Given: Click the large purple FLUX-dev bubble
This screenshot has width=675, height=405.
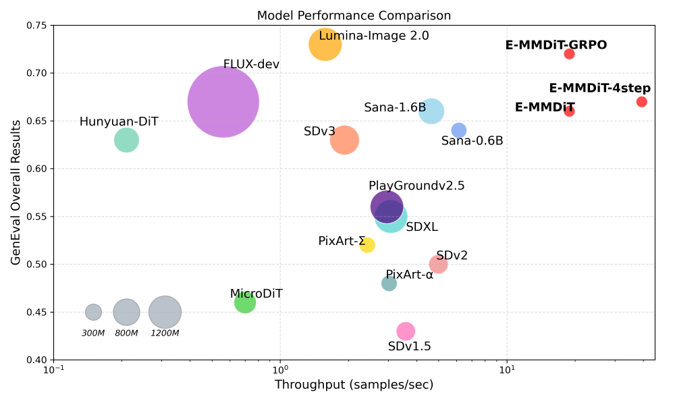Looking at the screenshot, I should [223, 102].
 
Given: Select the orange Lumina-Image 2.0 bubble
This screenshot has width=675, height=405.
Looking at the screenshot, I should [325, 45].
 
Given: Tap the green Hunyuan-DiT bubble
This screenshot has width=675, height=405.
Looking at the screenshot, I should [126, 140].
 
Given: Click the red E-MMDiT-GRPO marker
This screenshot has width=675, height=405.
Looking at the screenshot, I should [569, 54].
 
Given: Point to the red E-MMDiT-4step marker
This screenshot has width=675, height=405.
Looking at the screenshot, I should [641, 102].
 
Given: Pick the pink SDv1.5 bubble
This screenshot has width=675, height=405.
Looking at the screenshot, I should [405, 331].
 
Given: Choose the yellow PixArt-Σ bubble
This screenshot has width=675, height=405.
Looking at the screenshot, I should [367, 245].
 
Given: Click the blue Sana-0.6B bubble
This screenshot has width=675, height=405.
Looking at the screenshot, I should [459, 130].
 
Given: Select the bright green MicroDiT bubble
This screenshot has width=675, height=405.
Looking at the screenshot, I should [245, 303].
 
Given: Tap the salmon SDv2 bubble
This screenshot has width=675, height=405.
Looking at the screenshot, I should [438, 265].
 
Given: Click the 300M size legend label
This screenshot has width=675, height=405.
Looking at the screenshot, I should [93, 333].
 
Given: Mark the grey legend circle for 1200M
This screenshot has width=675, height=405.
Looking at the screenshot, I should [165, 312].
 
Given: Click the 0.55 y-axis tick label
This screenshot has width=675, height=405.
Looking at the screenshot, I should [38, 217].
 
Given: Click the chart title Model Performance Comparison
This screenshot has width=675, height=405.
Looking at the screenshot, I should [354, 16].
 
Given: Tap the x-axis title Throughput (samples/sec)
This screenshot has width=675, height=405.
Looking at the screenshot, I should [354, 385].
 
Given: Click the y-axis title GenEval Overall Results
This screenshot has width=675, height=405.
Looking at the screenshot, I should [16, 192].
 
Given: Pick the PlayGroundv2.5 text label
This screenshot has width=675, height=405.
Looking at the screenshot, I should [416, 186].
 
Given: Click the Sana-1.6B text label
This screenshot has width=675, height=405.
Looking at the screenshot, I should [395, 108].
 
